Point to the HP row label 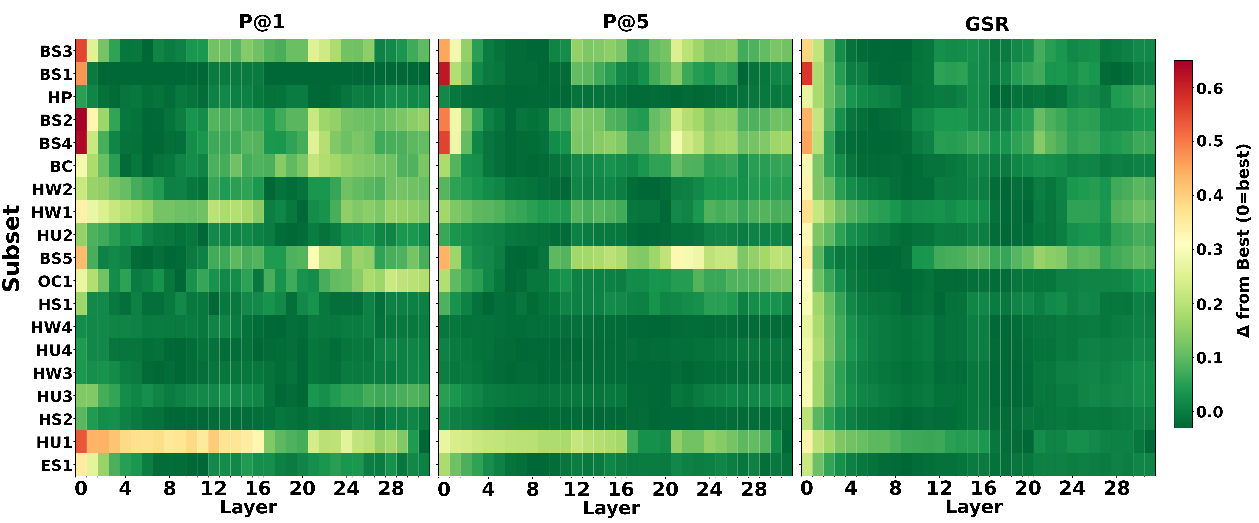click(x=60, y=98)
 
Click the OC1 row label click(x=55, y=281)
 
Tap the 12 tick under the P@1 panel click(x=214, y=488)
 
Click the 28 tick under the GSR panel click(x=1117, y=488)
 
